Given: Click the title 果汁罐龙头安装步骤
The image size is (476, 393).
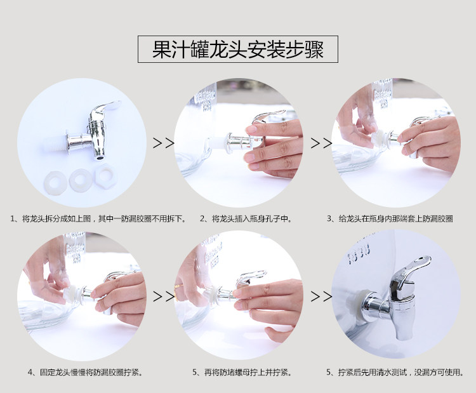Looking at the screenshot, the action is [x=238, y=49].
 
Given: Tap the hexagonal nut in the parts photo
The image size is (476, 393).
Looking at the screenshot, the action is [x=104, y=176].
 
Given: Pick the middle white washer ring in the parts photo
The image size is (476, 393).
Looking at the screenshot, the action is [x=80, y=180].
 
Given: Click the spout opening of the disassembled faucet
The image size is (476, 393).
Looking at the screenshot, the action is [x=99, y=157].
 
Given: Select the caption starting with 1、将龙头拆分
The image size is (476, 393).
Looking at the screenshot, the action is [x=98, y=218].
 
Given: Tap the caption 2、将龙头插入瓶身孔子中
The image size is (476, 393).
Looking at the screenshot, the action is [x=246, y=218].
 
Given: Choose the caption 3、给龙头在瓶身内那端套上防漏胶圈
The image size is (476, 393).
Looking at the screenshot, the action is [x=390, y=218].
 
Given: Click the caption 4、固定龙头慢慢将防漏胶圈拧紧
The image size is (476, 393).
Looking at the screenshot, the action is [x=85, y=372].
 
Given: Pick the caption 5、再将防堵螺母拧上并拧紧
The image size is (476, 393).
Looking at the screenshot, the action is [x=242, y=372].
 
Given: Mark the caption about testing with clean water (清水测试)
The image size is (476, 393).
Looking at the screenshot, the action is [x=395, y=372].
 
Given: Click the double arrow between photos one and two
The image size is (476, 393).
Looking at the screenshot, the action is [x=164, y=143].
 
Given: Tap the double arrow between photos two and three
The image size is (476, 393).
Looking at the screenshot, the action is [x=321, y=143].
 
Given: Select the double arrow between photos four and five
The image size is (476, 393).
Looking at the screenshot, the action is [x=164, y=296].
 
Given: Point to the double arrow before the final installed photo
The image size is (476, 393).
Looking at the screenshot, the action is [x=321, y=296].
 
